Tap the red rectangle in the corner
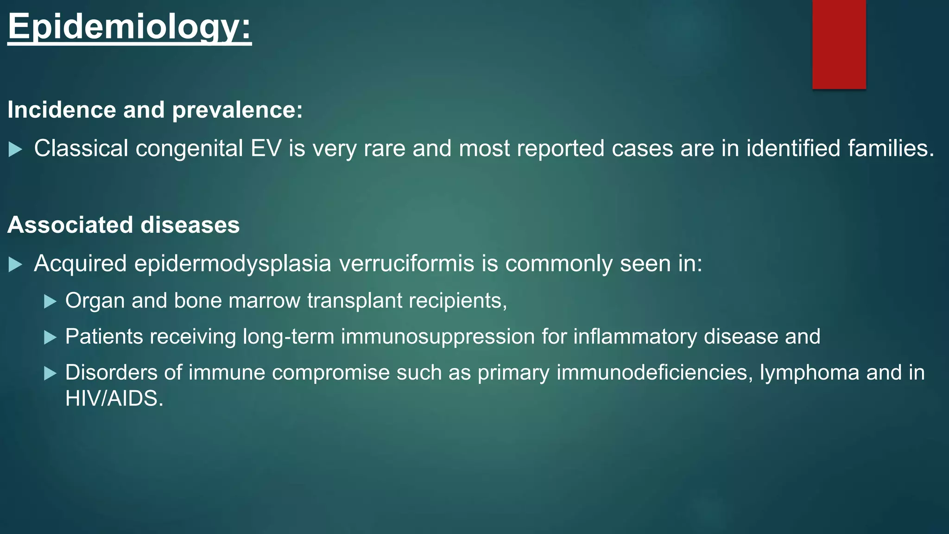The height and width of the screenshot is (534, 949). pyautogui.click(x=839, y=44)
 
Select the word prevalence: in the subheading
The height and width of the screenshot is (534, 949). pyautogui.click(x=237, y=110)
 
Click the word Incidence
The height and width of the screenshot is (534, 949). pyautogui.click(x=61, y=110)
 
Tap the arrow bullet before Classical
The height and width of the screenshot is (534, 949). pyautogui.click(x=15, y=149)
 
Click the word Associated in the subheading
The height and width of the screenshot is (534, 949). pyautogui.click(x=70, y=225)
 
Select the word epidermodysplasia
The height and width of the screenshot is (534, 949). pyautogui.click(x=233, y=264)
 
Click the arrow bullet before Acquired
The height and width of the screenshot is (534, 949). pyautogui.click(x=15, y=265)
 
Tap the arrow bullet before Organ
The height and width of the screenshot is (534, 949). pyautogui.click(x=50, y=302)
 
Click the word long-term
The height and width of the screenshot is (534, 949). pyautogui.click(x=288, y=337)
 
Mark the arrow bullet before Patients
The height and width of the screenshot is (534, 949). pyautogui.click(x=50, y=337)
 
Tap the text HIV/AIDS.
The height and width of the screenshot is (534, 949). pyautogui.click(x=114, y=399)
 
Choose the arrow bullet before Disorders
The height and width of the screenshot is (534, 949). pyautogui.click(x=50, y=373)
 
